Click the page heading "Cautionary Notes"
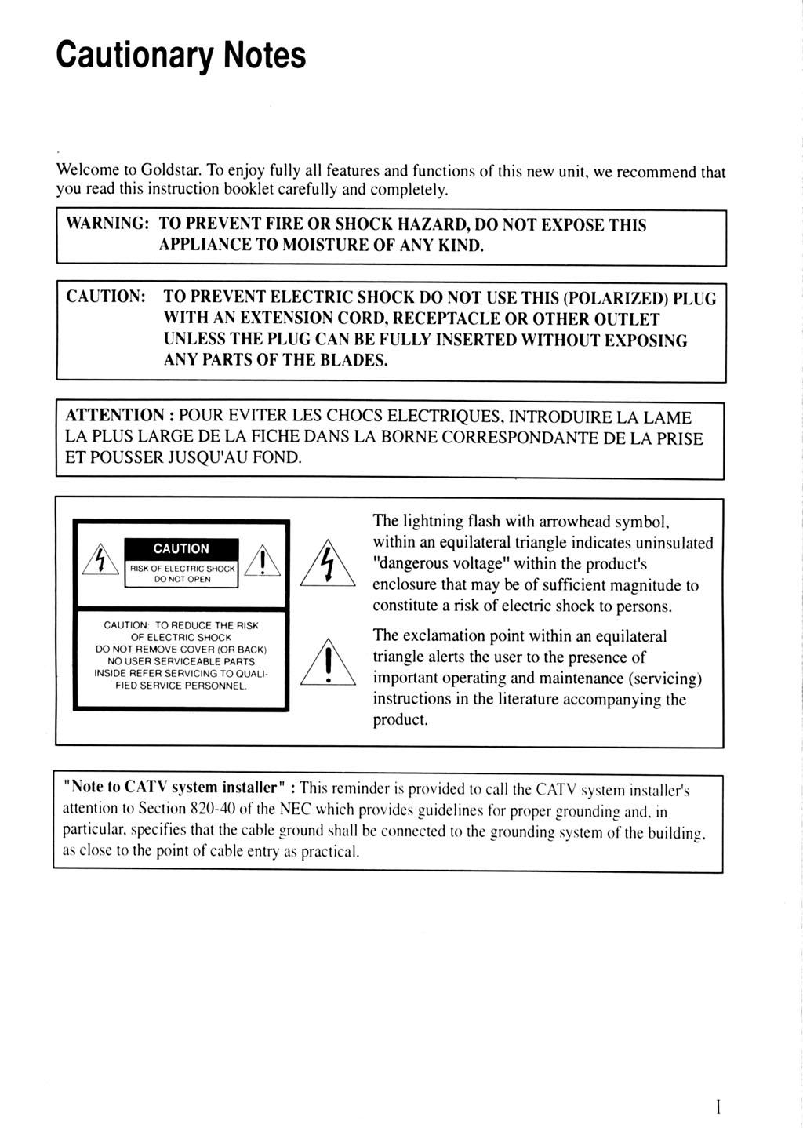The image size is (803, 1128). [x=181, y=55]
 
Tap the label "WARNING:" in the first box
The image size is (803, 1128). [x=107, y=224]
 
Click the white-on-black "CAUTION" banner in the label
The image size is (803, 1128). [x=181, y=548]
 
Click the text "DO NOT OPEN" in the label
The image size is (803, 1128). [x=181, y=579]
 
